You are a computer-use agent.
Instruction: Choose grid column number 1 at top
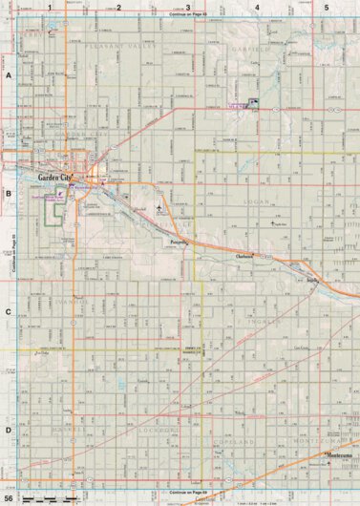(x=49, y=7)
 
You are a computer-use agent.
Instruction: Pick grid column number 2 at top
(x=118, y=7)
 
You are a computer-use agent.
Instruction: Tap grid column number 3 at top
(x=187, y=7)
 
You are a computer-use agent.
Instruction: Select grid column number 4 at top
(x=257, y=7)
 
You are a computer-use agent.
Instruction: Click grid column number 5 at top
(x=327, y=7)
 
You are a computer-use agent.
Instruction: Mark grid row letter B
(x=8, y=192)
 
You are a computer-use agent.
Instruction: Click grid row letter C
(x=8, y=311)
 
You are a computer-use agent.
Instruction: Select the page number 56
(x=8, y=498)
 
